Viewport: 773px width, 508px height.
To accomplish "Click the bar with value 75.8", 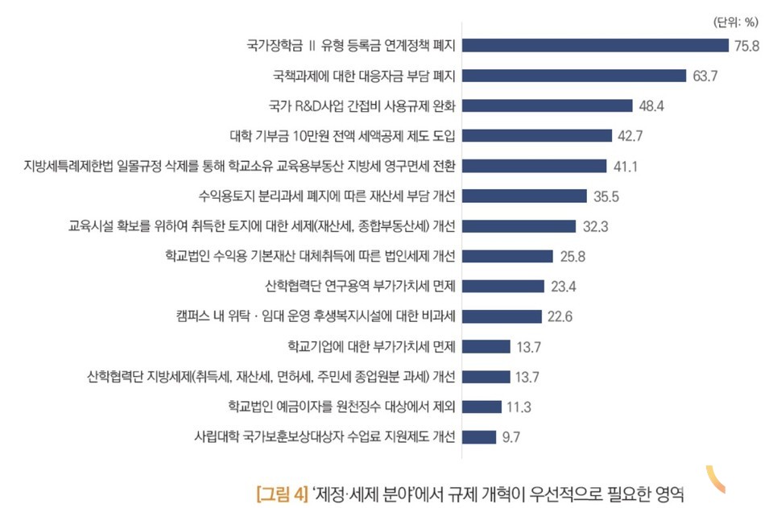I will (594, 45).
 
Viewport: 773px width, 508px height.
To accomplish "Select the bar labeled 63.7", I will (574, 76).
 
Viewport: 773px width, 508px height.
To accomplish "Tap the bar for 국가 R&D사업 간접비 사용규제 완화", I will (547, 105).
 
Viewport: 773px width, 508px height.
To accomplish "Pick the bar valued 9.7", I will (479, 437).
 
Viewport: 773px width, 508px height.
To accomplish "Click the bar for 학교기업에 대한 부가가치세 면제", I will (486, 346).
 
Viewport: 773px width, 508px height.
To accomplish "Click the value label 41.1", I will (626, 166).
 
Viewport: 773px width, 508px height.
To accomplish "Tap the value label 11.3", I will (519, 407).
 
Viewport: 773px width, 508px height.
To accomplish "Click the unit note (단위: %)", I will (736, 23).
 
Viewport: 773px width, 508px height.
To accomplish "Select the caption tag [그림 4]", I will (282, 492).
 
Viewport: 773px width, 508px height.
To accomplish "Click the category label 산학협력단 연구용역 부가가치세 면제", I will (360, 286).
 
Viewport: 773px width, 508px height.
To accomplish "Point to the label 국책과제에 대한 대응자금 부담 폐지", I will (365, 76).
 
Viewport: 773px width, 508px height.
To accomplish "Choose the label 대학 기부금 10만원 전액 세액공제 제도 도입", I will (343, 136).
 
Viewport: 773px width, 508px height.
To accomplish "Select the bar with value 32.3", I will (519, 226).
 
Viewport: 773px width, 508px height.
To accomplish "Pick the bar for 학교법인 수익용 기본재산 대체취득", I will (507, 256).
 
